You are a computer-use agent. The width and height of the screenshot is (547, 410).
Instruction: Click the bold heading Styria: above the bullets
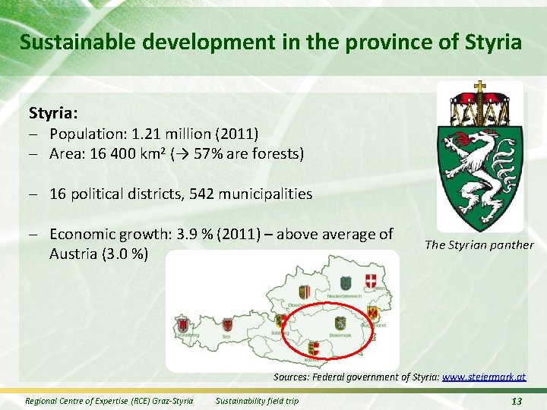(x=53, y=114)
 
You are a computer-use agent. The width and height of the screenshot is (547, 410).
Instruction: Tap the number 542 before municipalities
(x=198, y=194)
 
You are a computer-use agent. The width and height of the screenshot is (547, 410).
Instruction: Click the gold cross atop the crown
(x=479, y=88)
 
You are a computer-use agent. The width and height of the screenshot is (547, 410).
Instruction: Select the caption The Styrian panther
(x=479, y=244)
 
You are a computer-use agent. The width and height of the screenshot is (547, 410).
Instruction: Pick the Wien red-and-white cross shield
(x=372, y=281)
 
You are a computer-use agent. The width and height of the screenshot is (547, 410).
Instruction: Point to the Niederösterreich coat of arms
(x=344, y=282)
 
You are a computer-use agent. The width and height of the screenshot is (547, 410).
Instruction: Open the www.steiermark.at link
(x=483, y=377)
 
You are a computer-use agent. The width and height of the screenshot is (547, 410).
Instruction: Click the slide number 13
(x=517, y=401)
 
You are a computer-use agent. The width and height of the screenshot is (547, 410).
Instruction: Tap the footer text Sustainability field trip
(x=258, y=401)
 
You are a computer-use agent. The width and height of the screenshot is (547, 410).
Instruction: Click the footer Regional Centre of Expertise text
(x=109, y=401)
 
